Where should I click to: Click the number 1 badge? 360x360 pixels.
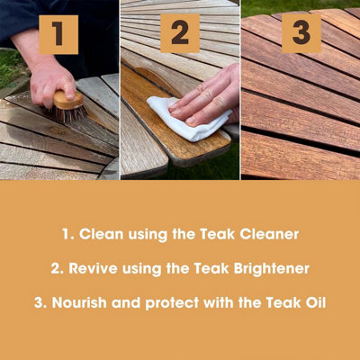point(58,34)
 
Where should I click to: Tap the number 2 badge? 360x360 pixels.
point(180,33)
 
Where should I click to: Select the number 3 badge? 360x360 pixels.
point(301,33)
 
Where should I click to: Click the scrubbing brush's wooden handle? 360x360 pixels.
point(68,101)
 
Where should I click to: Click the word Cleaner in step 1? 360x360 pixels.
point(269,234)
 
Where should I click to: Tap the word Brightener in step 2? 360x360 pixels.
point(272,268)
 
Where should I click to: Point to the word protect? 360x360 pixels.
point(172,303)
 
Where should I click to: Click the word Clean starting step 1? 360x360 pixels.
point(101,234)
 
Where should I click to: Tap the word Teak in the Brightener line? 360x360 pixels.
point(211,268)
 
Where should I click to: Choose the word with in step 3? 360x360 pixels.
point(219,302)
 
